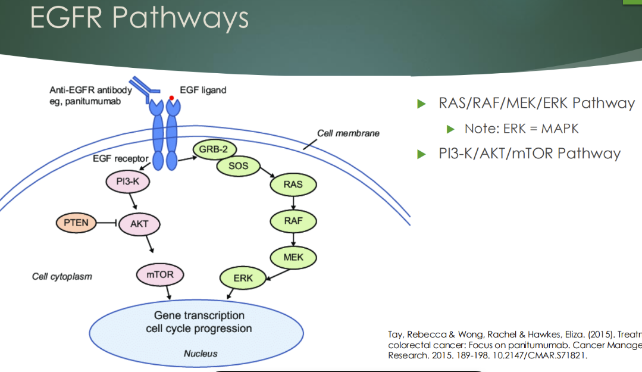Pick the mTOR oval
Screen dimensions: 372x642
pyautogui.click(x=159, y=275)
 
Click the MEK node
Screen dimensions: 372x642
pyautogui.click(x=294, y=258)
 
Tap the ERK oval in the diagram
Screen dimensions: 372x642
pyautogui.click(x=243, y=278)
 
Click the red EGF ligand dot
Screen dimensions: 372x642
pyautogui.click(x=171, y=97)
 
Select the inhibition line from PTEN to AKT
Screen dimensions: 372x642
pyautogui.click(x=104, y=223)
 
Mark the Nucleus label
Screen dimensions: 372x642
pyautogui.click(x=201, y=353)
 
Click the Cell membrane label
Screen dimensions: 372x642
pyautogui.click(x=348, y=133)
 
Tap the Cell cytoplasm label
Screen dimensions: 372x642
pyautogui.click(x=62, y=277)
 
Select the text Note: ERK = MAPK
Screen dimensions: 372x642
pyautogui.click(x=521, y=129)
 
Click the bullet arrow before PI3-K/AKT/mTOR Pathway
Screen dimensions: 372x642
pyautogui.click(x=422, y=154)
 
